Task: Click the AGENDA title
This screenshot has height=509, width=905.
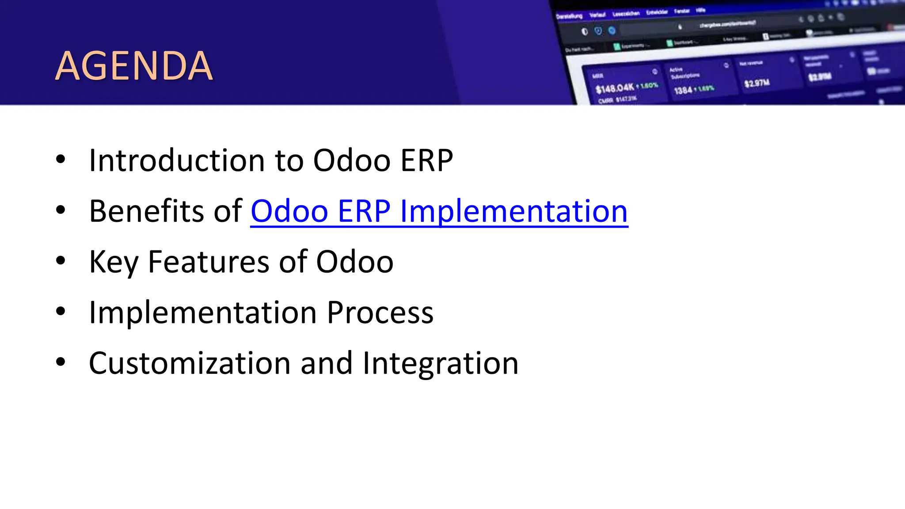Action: coord(133,66)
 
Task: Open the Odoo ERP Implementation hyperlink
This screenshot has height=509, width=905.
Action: coord(439,211)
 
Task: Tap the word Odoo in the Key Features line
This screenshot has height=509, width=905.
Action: coord(354,262)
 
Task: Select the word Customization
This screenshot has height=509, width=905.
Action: coord(190,364)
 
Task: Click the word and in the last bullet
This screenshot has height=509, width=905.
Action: coord(327,364)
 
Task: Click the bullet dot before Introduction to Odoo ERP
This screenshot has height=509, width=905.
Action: coord(61,160)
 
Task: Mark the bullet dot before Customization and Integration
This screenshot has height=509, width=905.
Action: coord(61,363)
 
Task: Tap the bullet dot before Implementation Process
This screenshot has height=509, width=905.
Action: coord(61,312)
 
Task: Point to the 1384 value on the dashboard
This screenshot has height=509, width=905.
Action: coord(683,91)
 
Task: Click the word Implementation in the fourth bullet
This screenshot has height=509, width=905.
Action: coord(203,313)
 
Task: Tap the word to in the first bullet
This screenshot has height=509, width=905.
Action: coord(289,161)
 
